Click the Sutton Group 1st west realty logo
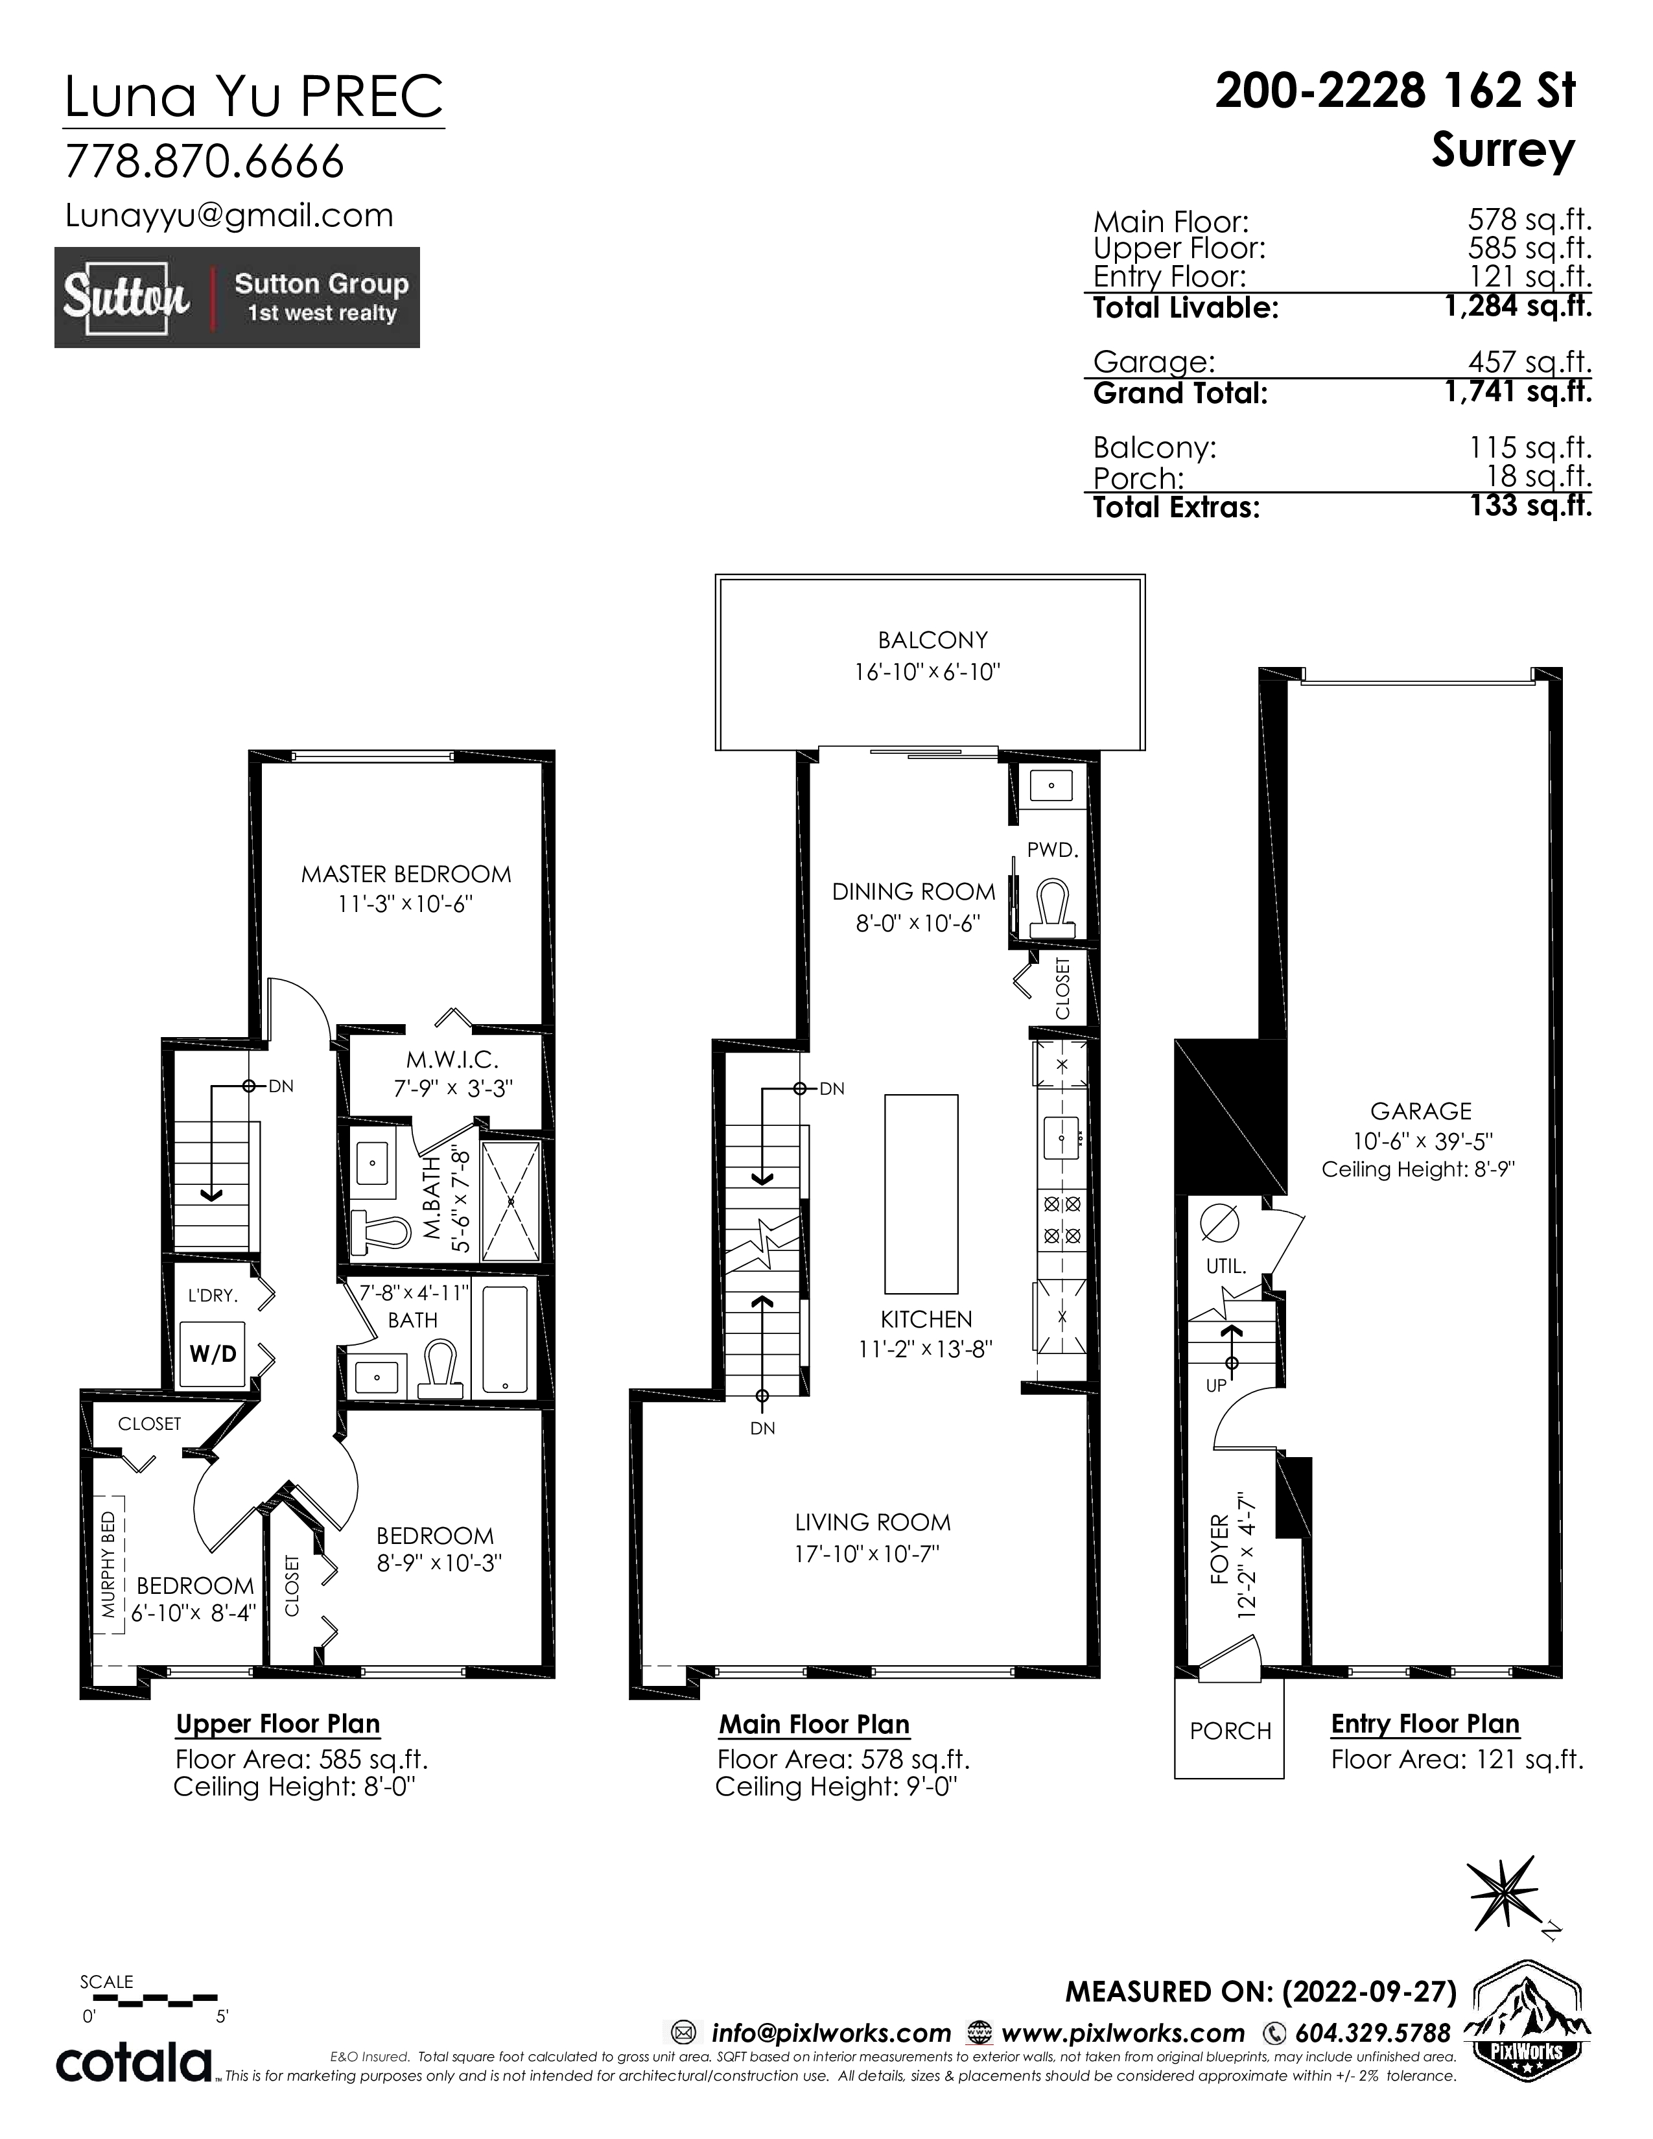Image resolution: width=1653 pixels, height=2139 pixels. pyautogui.click(x=237, y=298)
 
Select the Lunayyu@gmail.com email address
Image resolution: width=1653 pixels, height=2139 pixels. pyautogui.click(x=229, y=215)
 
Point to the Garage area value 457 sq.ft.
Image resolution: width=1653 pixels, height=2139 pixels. pyautogui.click(x=1530, y=362)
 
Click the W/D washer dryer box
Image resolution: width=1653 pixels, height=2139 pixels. pyautogui.click(x=213, y=1353)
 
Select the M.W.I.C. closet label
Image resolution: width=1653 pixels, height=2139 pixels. pyautogui.click(x=452, y=1058)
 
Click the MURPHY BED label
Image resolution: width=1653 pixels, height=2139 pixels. pyautogui.click(x=109, y=1564)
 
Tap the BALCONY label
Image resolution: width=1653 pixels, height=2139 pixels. pyautogui.click(x=932, y=640)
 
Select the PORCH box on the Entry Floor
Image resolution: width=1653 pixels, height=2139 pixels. pyautogui.click(x=1229, y=1727)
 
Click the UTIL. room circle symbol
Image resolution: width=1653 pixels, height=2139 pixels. pyautogui.click(x=1219, y=1221)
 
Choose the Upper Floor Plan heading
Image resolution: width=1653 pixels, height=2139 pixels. pyautogui.click(x=278, y=1724)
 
